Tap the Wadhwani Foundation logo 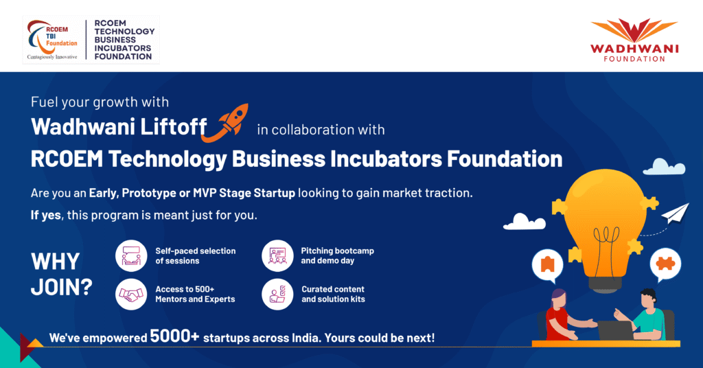point(634,40)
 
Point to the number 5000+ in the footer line point(174,336)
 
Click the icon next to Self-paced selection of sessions point(131,255)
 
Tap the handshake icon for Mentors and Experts point(131,294)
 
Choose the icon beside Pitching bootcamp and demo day point(277,255)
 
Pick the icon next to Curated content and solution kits point(277,294)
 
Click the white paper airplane point(676,214)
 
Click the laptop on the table point(616,330)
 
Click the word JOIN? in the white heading point(61,287)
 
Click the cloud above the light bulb point(664,167)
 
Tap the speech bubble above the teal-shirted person point(665,265)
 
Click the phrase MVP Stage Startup point(244,193)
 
